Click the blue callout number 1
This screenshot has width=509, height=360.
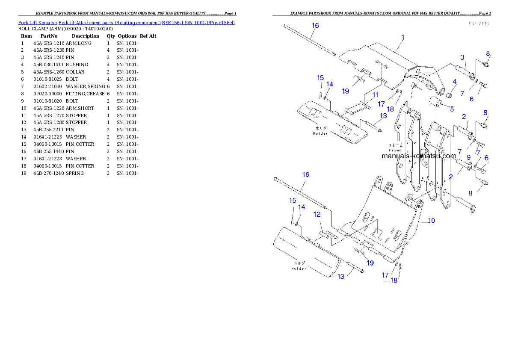pos(402,38)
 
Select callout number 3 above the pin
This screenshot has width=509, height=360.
pos(462,57)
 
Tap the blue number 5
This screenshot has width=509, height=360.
pos(452,109)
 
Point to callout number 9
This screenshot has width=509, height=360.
pos(468,157)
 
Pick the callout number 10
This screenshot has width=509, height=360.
pos(432,221)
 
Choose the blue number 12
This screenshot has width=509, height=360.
pos(317,214)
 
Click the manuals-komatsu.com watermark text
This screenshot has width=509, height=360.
pos(418,156)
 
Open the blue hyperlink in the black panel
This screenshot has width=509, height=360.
pos(126,22)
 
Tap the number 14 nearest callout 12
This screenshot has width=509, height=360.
pos(302,207)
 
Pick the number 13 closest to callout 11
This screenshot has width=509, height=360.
pos(383,115)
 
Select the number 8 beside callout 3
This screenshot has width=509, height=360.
pos(488,53)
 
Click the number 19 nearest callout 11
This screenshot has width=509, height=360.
pos(345,91)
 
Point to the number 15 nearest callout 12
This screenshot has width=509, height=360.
pos(292,200)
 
